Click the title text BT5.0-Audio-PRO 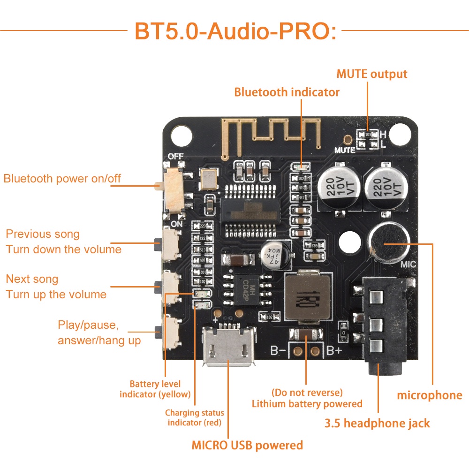235,30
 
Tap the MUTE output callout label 372,74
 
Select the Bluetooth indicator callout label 287,92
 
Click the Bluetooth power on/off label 62,179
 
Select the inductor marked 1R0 307,298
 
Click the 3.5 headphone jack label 377,424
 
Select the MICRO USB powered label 247,445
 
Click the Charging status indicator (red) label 195,417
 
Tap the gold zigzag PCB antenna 270,132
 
